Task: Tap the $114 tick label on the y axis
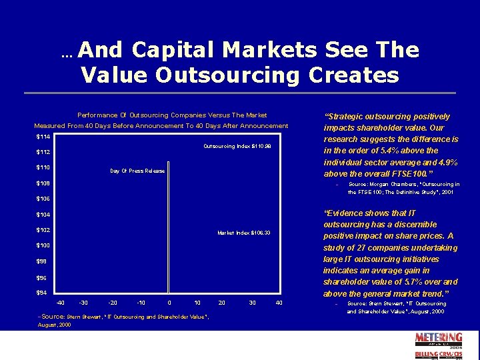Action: [x=42, y=137]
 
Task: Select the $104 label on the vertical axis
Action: [x=42, y=215]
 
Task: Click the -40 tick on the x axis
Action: [x=61, y=303]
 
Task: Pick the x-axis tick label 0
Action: [x=169, y=303]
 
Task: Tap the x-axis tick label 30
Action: [x=252, y=303]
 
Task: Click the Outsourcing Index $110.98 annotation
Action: [x=237, y=146]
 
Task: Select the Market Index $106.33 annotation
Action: [x=244, y=233]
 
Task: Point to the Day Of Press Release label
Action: [x=137, y=171]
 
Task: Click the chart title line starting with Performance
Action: [x=172, y=115]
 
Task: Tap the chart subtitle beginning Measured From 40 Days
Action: [x=161, y=126]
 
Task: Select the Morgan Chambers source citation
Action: [x=403, y=188]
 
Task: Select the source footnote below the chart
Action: [x=123, y=321]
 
